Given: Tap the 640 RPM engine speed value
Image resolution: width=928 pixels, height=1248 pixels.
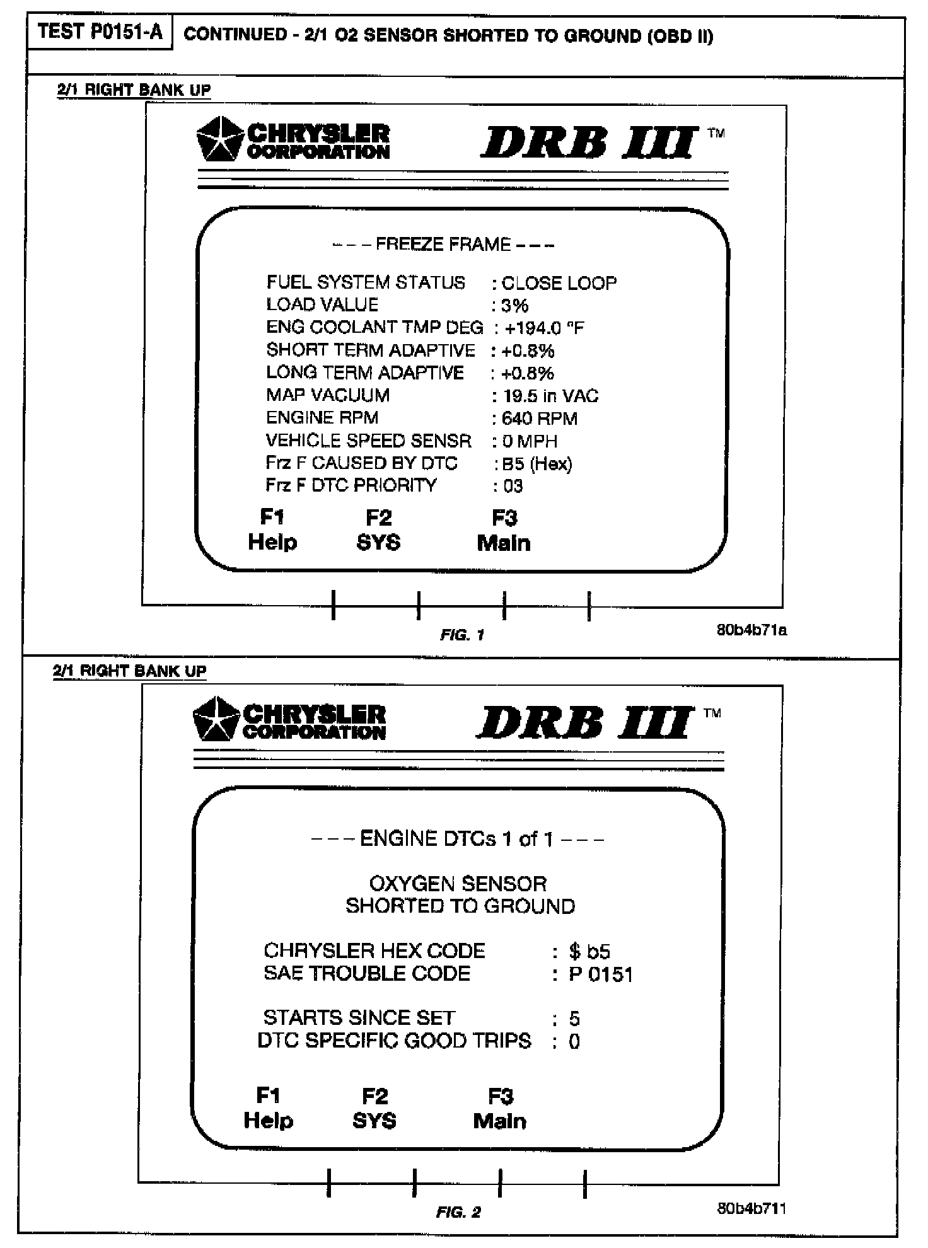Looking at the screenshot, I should (539, 419).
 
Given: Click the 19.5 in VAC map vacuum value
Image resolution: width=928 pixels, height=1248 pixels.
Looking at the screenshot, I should (550, 396).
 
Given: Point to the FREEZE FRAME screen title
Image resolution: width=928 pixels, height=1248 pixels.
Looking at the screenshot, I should (443, 245).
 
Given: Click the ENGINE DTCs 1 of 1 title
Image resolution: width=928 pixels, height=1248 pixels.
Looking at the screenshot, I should (457, 839).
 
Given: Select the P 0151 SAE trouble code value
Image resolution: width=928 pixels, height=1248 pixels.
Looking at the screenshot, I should (601, 974).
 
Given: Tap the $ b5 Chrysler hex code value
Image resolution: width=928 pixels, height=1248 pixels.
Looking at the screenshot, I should (589, 951).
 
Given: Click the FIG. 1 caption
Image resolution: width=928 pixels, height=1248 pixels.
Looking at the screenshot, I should (462, 635).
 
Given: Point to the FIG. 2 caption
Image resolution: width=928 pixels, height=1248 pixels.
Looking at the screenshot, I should (458, 1212).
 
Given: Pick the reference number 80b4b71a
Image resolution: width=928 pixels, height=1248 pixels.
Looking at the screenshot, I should (751, 630).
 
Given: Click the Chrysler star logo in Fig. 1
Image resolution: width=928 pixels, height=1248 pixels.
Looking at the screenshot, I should (219, 139).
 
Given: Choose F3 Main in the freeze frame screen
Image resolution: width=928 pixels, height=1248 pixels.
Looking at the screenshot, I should (504, 531).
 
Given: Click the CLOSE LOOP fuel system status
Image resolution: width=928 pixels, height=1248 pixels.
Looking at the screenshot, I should (559, 283).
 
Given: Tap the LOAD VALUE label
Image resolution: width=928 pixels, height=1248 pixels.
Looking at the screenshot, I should (322, 305).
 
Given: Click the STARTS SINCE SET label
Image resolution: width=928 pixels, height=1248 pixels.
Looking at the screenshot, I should (359, 1018).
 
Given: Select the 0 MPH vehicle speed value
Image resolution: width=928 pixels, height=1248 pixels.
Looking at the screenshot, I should (530, 441).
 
